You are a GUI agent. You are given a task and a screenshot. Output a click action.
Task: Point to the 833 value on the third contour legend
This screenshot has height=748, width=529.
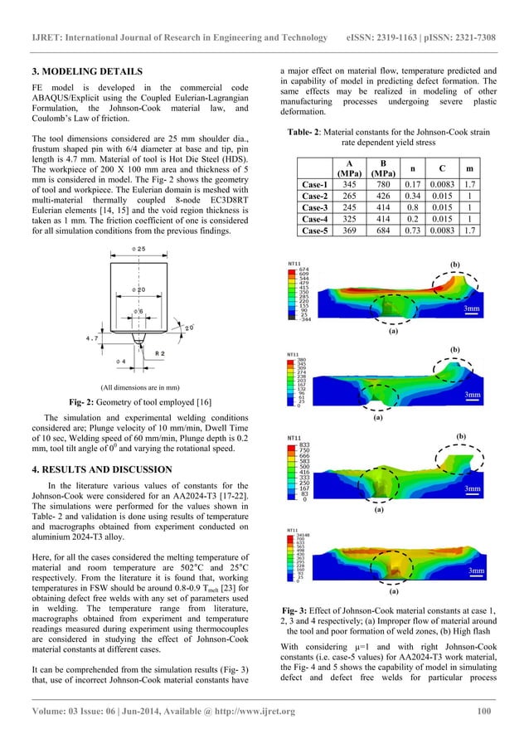tap(304, 444)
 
